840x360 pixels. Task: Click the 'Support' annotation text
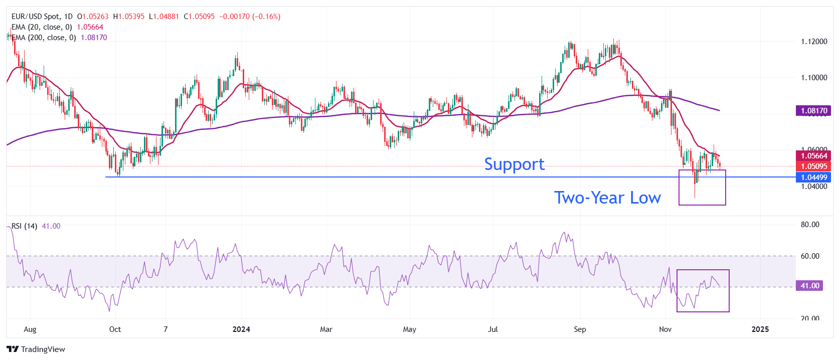click(514, 164)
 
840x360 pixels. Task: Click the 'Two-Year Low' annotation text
click(607, 198)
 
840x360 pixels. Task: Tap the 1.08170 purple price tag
click(813, 111)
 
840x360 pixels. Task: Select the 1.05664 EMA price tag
click(813, 156)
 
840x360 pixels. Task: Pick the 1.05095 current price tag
click(813, 166)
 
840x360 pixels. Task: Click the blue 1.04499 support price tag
click(813, 177)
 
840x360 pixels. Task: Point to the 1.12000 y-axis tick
click(814, 42)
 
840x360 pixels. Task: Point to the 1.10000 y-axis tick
click(814, 78)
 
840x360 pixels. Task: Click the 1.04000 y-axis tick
click(814, 187)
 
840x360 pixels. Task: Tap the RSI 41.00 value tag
click(809, 286)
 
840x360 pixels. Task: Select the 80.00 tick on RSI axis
click(810, 225)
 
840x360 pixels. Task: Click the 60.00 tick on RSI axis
click(810, 256)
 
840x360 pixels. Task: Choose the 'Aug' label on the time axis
click(30, 329)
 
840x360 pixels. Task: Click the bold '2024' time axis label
click(241, 329)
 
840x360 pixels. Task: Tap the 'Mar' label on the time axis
click(326, 329)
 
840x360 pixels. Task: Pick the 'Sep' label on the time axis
click(580, 329)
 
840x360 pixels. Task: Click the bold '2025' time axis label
click(760, 329)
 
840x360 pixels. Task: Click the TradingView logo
click(36, 349)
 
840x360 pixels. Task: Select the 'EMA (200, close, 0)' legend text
click(44, 38)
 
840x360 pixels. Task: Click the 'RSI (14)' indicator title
click(24, 226)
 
